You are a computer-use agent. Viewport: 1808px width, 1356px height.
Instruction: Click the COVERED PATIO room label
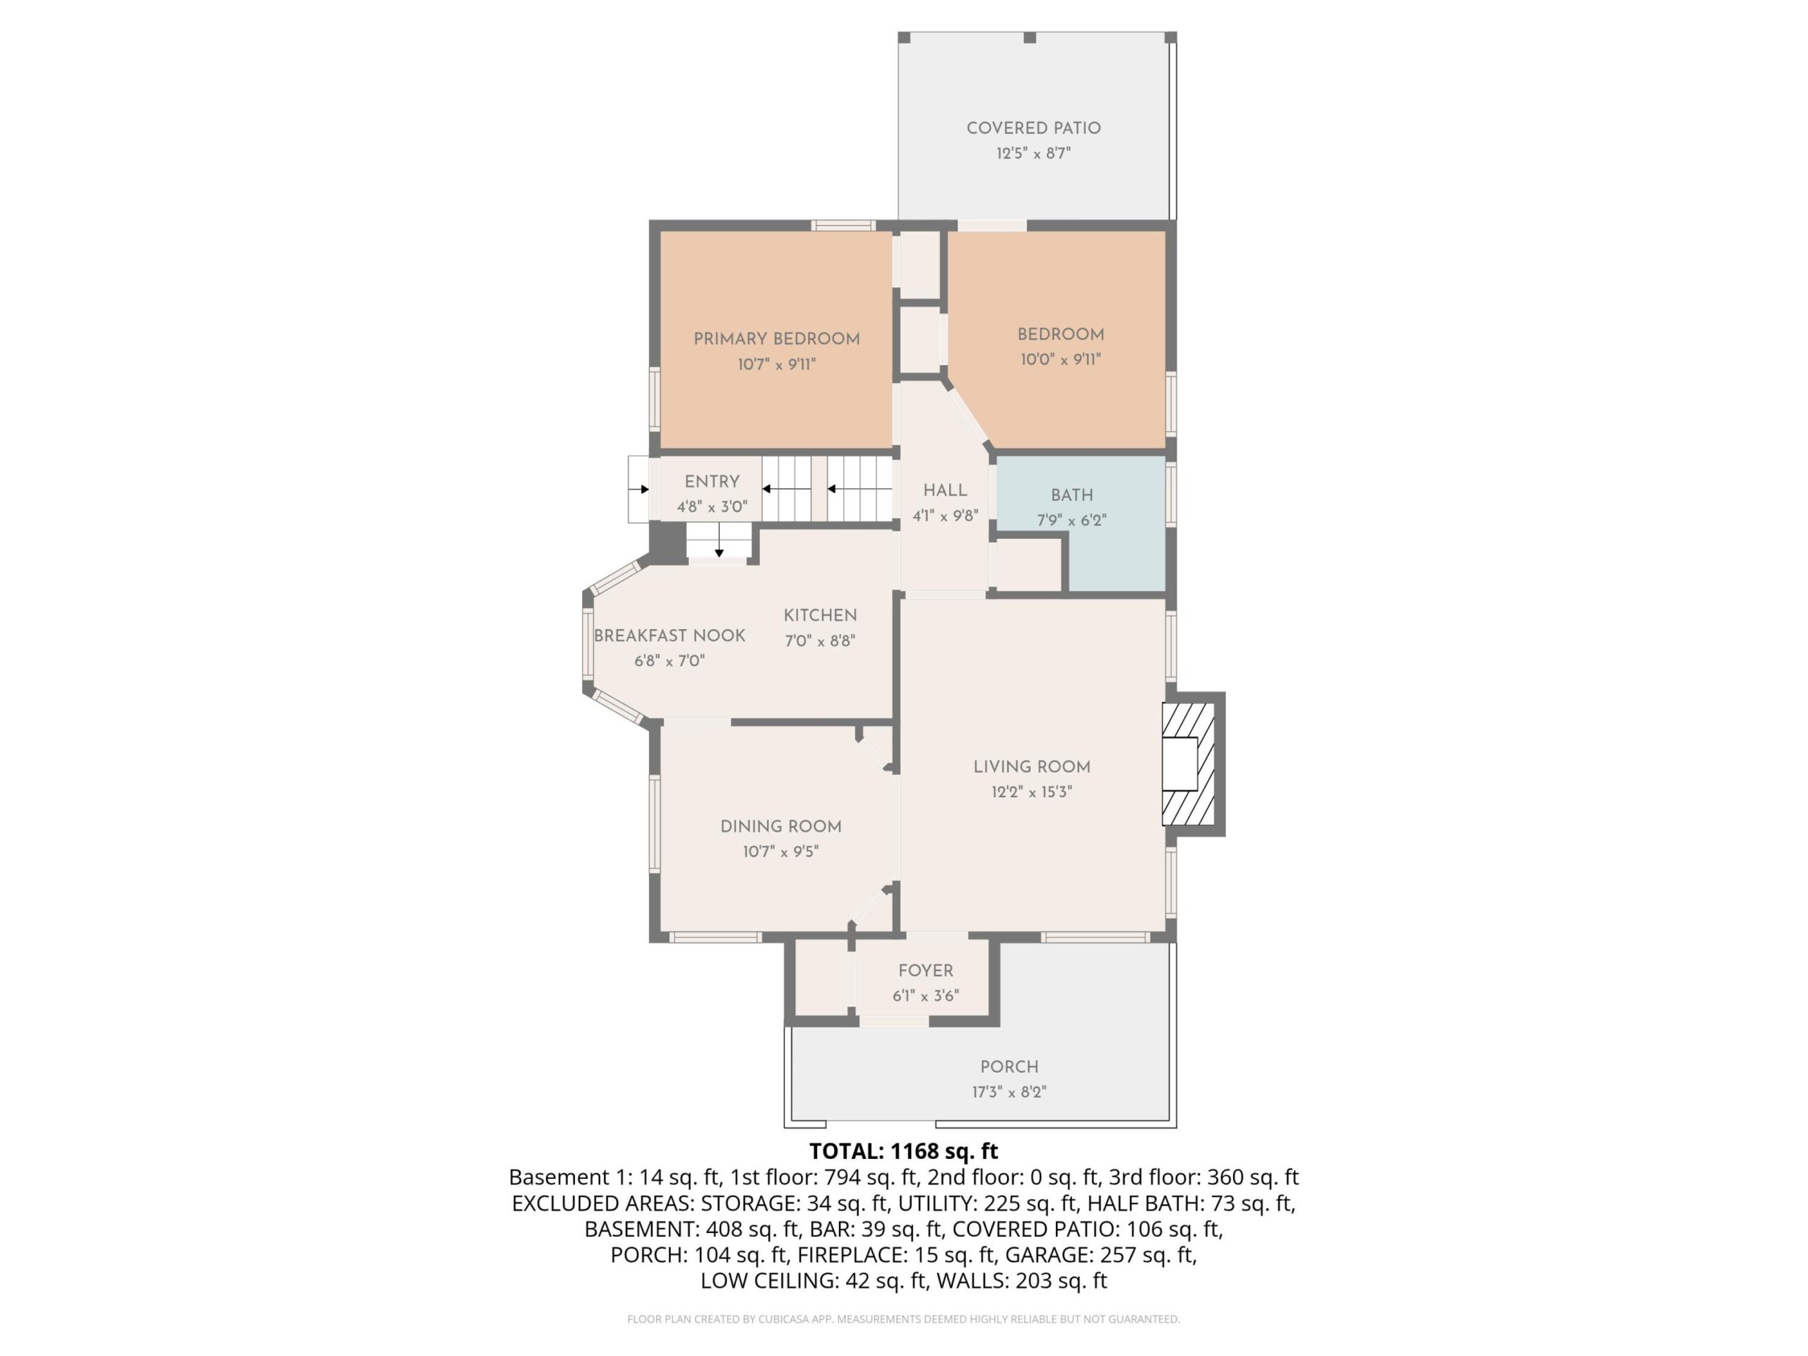pos(1033,129)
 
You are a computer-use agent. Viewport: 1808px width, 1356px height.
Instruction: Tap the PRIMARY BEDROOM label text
pos(776,339)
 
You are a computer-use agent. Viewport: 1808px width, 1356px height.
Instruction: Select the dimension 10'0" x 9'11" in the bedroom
pos(1060,359)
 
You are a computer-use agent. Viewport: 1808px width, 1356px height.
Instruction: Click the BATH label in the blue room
pos(1071,495)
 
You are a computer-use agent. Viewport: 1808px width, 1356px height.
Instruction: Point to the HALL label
pos(945,490)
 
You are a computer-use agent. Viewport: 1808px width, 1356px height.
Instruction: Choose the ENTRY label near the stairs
pos(712,482)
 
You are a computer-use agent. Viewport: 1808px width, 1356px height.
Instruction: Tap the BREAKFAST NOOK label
pos(670,636)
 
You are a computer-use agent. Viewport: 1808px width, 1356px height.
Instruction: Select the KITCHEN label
pos(820,615)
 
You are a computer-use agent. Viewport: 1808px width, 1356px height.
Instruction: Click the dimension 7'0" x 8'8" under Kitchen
pos(820,641)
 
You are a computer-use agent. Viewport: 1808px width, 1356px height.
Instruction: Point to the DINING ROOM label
pos(780,826)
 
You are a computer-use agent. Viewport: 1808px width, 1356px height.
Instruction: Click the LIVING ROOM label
pos(1032,767)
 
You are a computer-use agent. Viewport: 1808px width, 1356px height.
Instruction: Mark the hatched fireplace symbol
pos(1189,764)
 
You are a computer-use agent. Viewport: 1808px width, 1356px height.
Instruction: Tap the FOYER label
pos(925,971)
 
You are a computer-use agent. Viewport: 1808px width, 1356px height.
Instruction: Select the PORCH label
pos(1009,1066)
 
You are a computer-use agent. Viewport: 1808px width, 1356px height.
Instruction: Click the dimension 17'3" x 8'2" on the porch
pos(1009,1092)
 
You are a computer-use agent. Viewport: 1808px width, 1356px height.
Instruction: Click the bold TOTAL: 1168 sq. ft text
pos(903,1152)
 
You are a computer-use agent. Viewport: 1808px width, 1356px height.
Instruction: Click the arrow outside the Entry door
pos(639,489)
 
